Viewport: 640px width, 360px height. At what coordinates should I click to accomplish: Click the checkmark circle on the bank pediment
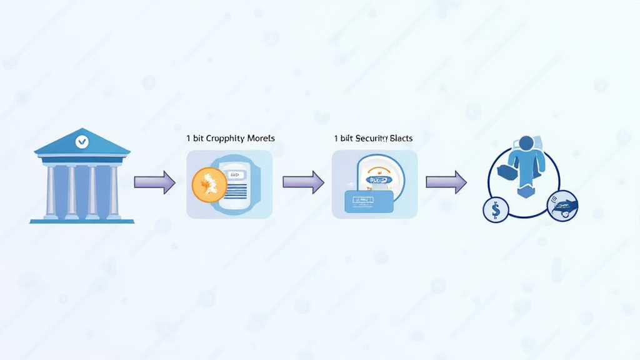point(81,142)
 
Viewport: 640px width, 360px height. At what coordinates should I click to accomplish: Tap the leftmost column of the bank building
point(50,191)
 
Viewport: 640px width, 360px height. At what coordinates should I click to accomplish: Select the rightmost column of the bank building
point(114,191)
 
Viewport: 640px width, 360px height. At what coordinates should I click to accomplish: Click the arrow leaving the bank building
point(154,182)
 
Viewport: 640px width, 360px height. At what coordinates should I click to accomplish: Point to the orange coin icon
point(209,185)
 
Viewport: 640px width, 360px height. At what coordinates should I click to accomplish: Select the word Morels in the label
point(261,138)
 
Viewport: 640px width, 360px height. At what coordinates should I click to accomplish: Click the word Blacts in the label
point(401,138)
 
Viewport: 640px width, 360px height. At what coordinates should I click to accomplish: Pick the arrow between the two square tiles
point(303,182)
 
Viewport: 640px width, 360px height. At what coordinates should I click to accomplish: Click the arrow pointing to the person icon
point(446,182)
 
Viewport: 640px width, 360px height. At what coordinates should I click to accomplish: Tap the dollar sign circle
point(496,209)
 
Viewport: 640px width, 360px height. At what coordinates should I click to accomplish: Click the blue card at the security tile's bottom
point(369,201)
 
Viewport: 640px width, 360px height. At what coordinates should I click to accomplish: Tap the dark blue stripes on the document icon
point(235,191)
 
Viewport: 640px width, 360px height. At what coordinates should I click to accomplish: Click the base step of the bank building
point(82,220)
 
